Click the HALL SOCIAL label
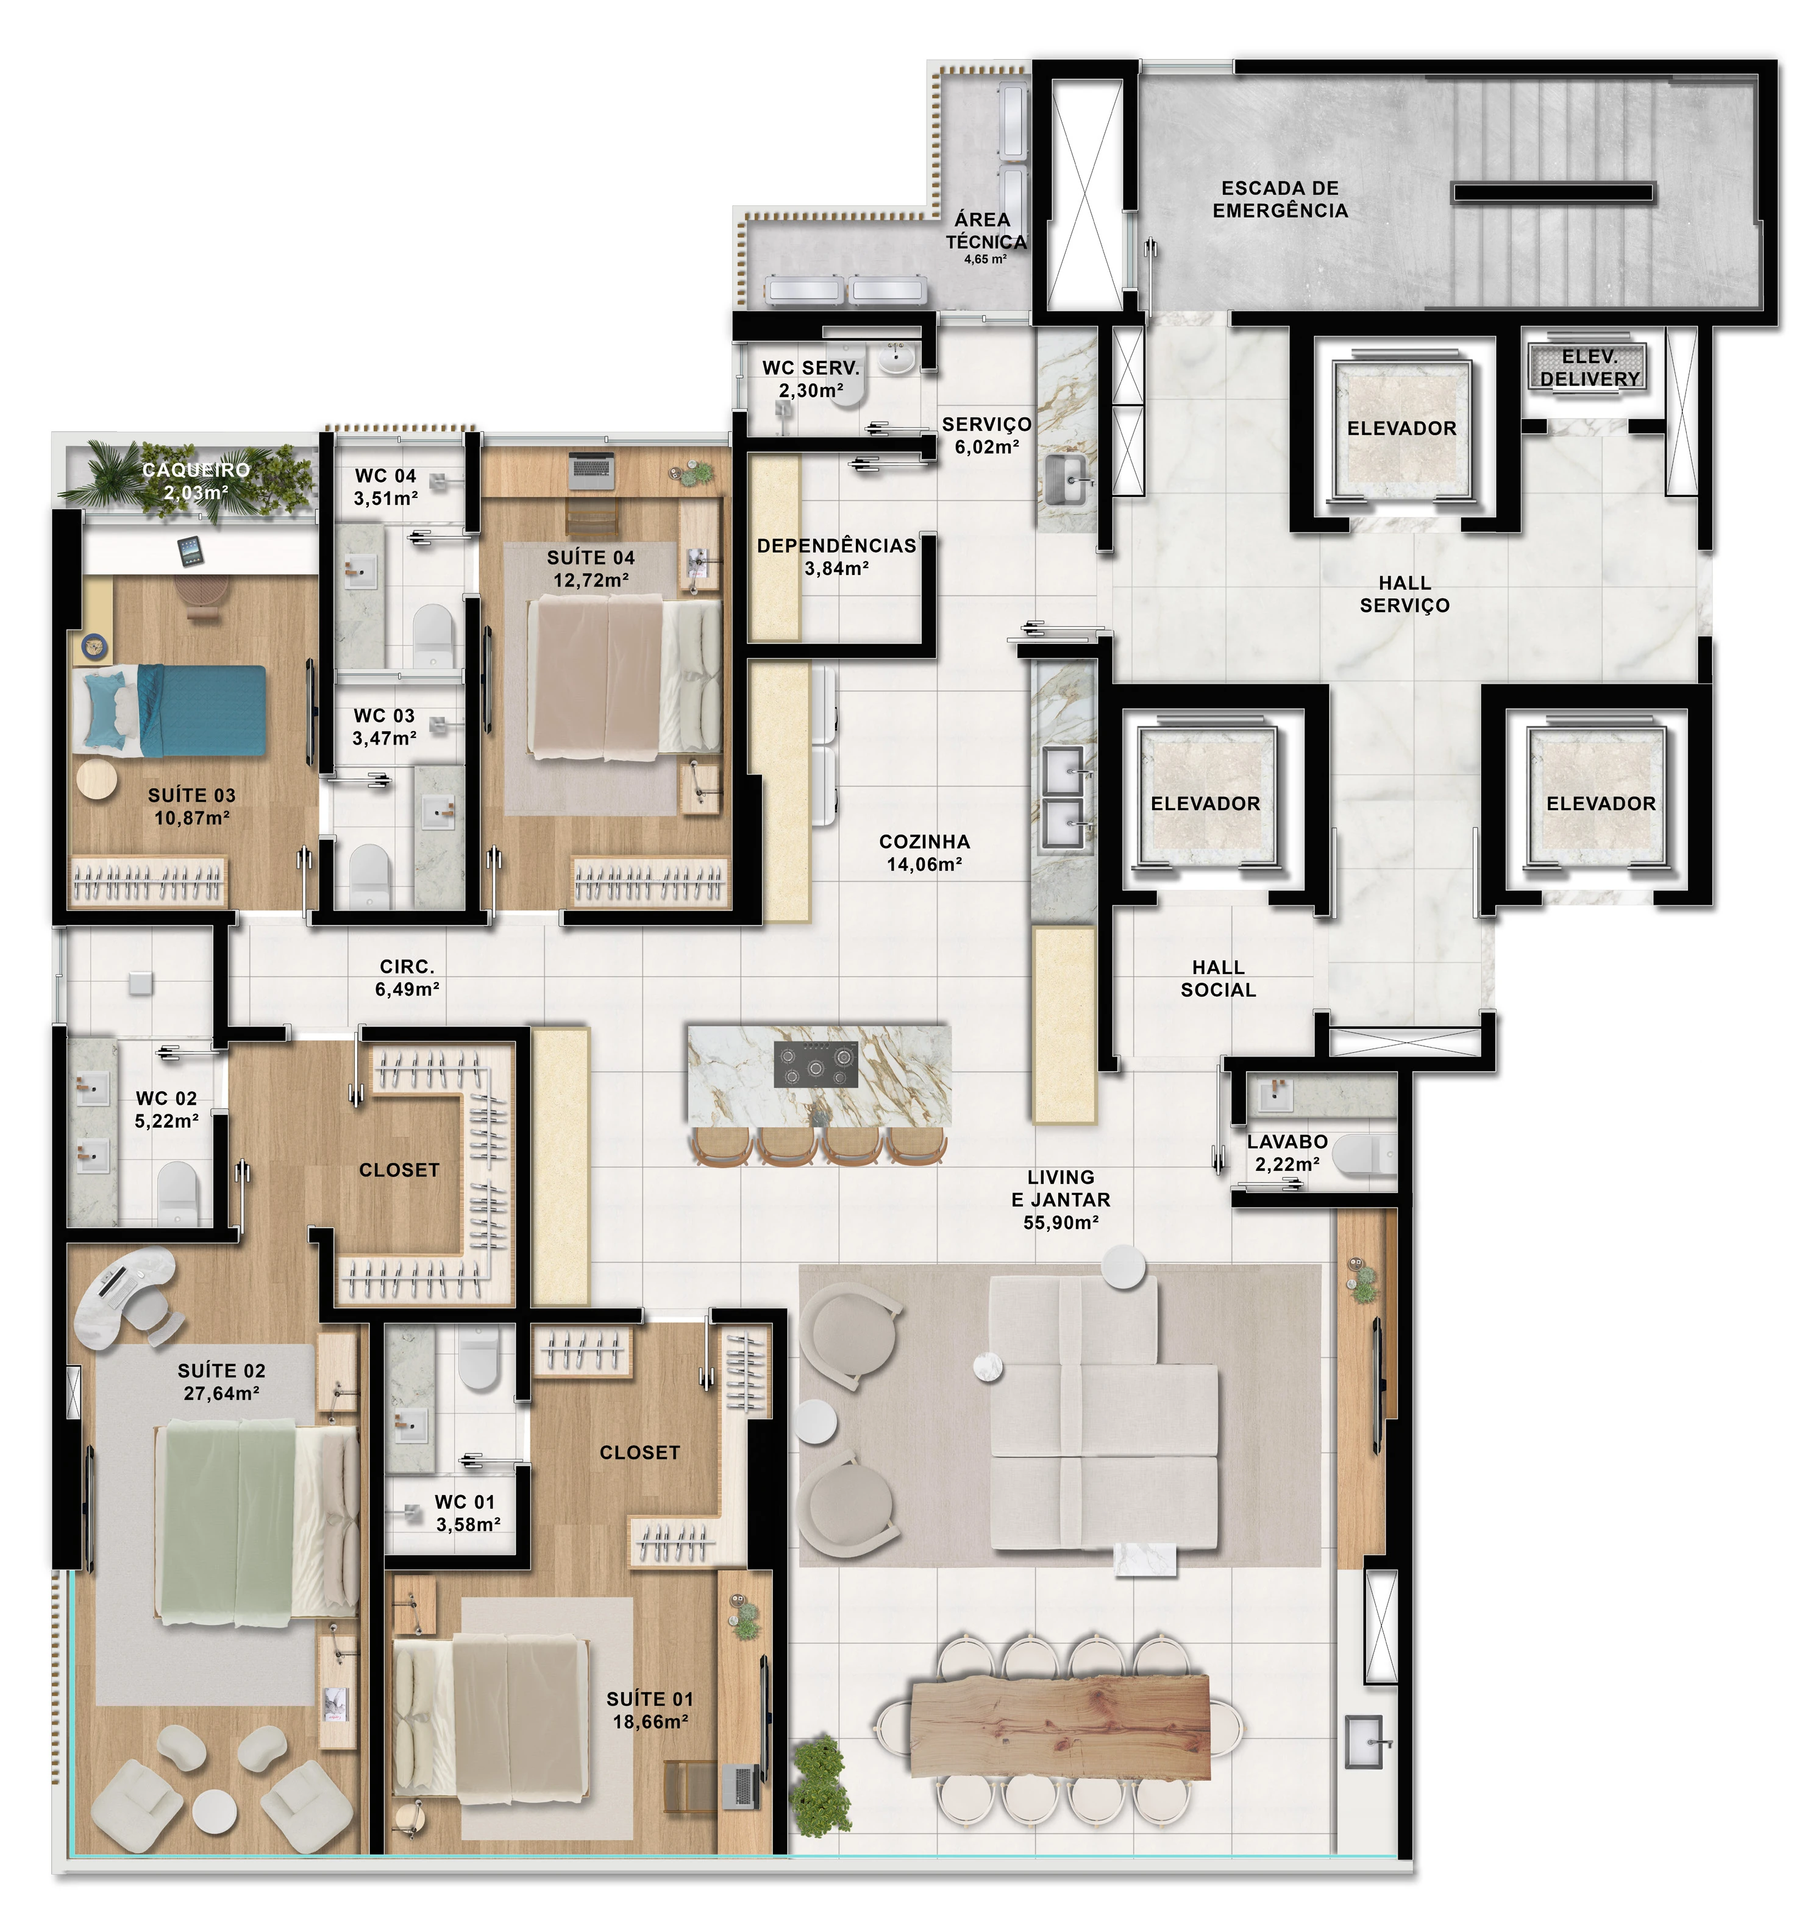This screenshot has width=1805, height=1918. click(x=1218, y=978)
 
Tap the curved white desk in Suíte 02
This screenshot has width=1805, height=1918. click(x=121, y=1293)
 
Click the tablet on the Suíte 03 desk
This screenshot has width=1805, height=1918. click(x=190, y=552)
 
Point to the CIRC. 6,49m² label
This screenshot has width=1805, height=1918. click(x=407, y=977)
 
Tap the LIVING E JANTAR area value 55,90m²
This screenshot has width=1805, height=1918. click(x=1061, y=1222)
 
